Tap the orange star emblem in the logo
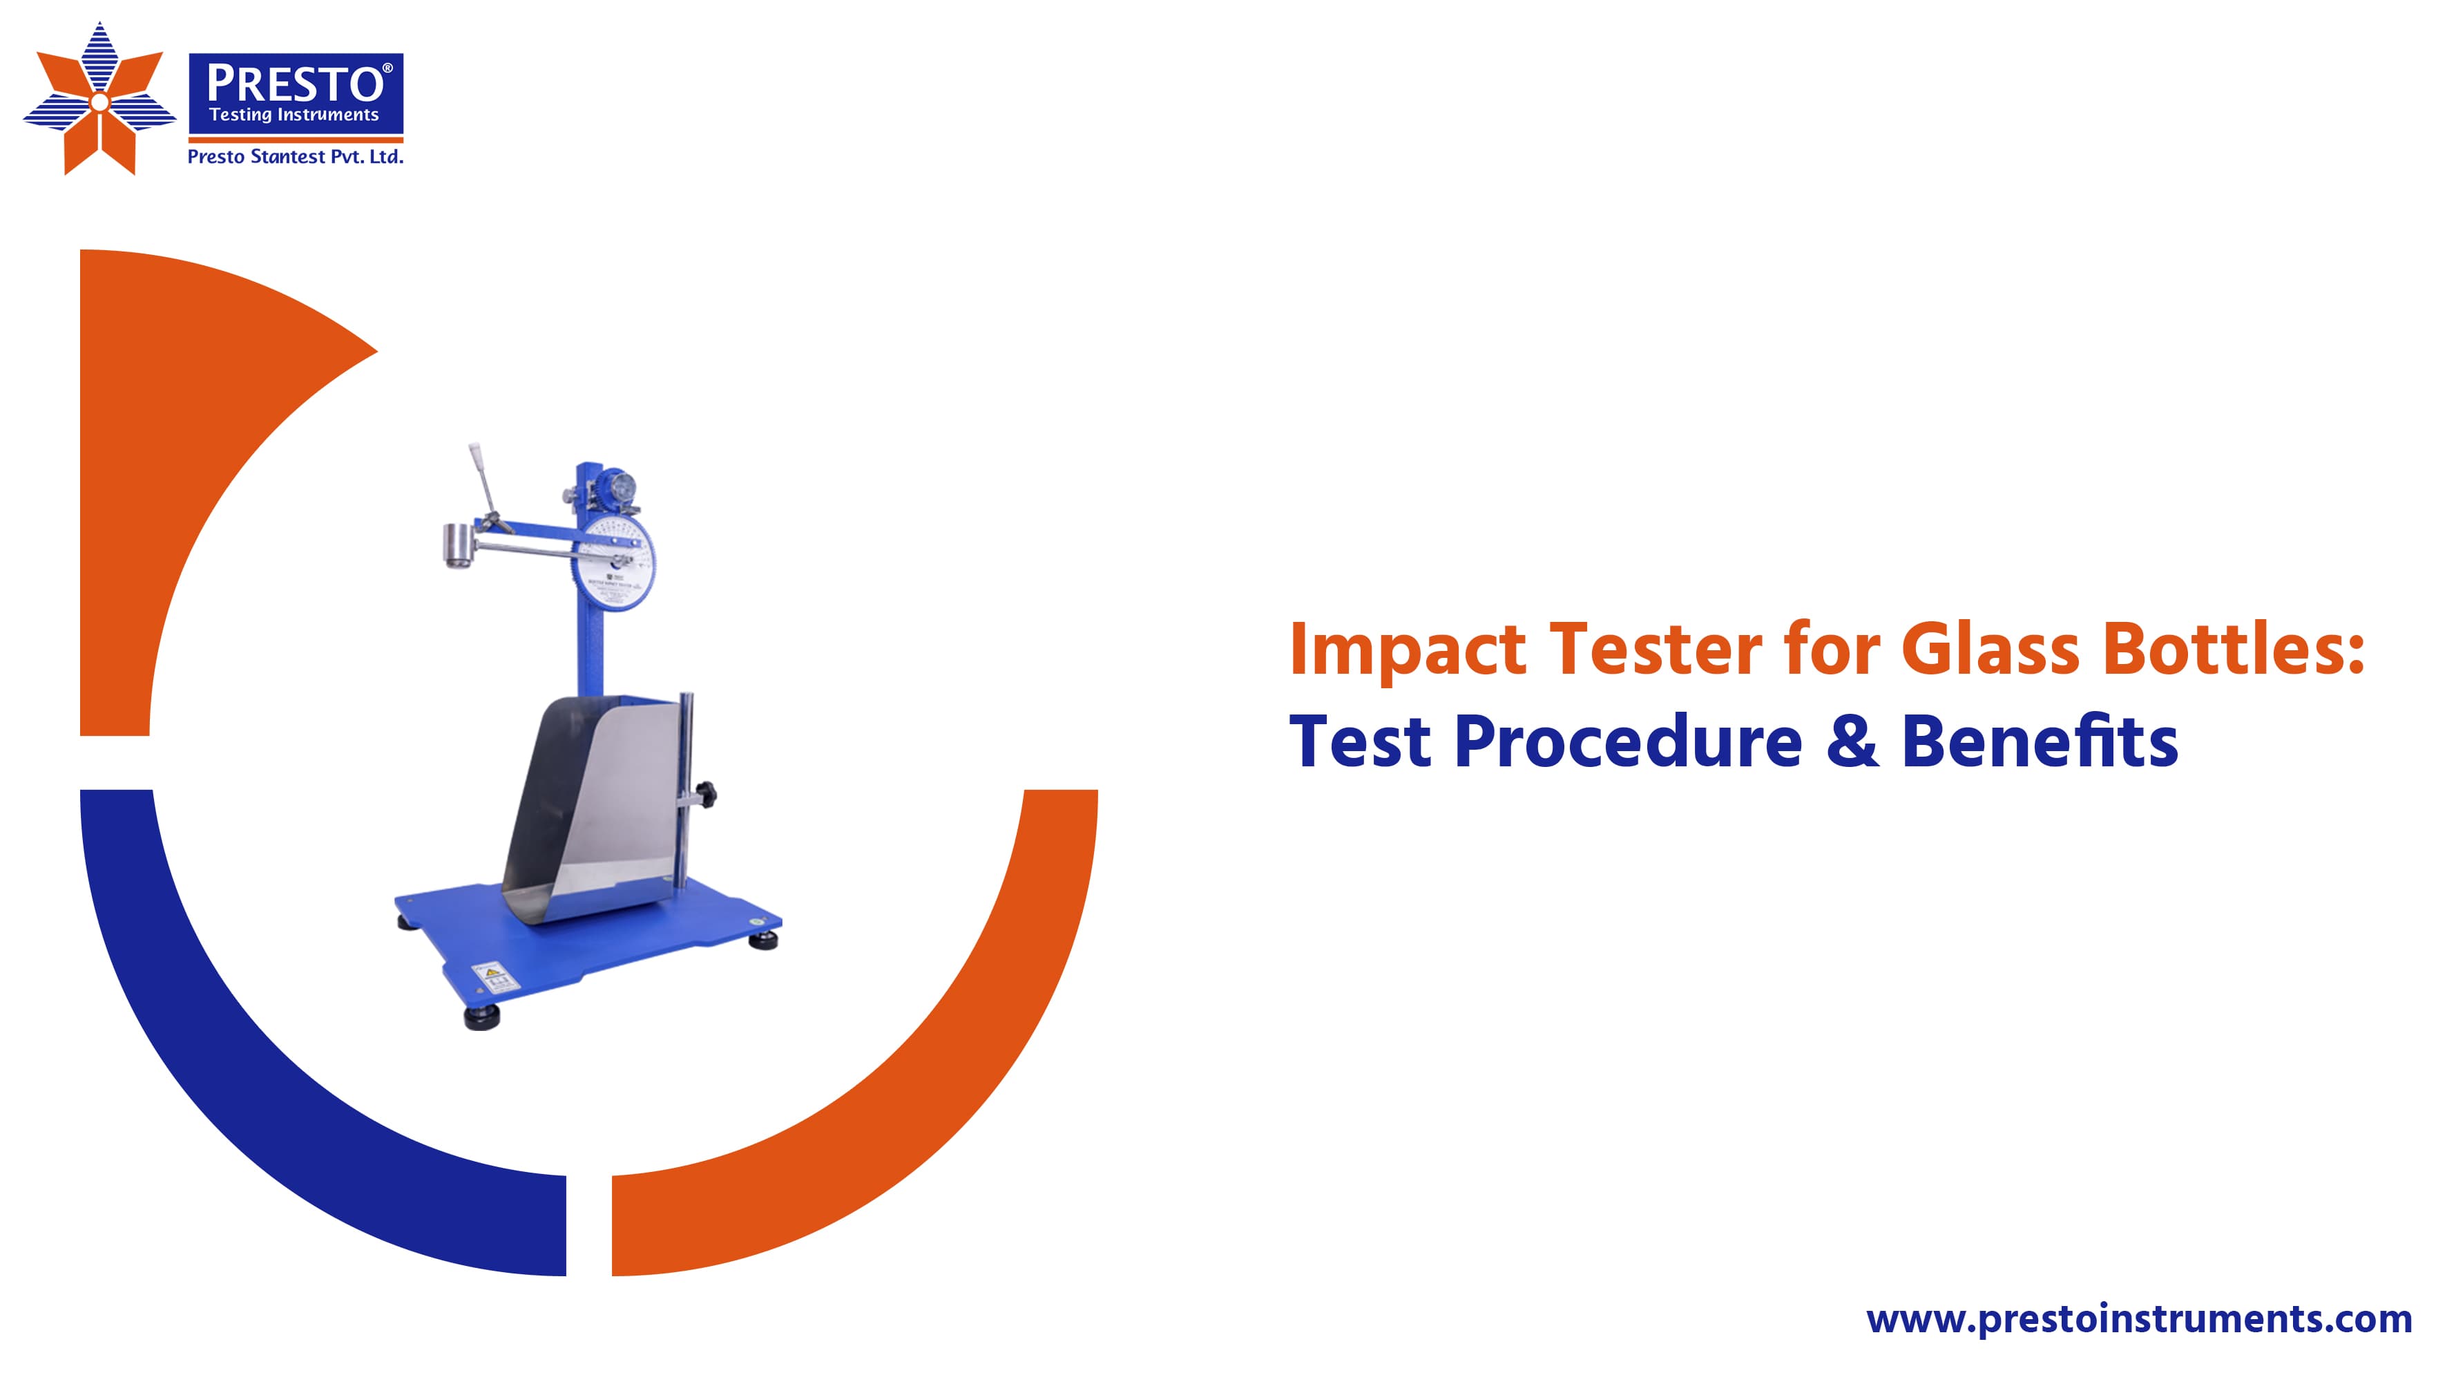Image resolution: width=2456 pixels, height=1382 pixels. pyautogui.click(x=99, y=100)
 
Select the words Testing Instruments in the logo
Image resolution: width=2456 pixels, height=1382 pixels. pyautogui.click(x=294, y=115)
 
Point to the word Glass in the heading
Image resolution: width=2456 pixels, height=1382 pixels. pyautogui.click(x=1990, y=650)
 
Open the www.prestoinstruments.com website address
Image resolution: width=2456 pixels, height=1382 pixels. pyautogui.click(x=2138, y=1319)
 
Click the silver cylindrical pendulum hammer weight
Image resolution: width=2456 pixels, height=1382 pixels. pyautogui.click(x=459, y=547)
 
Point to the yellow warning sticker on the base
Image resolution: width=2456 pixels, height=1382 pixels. pyautogui.click(x=493, y=976)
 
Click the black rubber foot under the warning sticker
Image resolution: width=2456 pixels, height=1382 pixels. pyautogui.click(x=482, y=1018)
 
